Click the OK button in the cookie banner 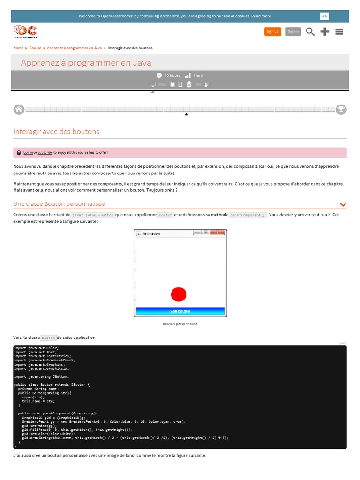tap(324, 16)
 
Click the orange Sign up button tap(272, 31)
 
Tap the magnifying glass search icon tap(310, 31)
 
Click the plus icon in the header tap(324, 31)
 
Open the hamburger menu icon tap(339, 31)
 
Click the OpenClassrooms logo tap(25, 31)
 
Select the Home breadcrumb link tap(18, 48)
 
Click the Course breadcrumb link tap(35, 48)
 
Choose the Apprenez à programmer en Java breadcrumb tap(74, 48)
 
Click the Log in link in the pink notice tap(28, 153)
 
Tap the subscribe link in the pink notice tap(45, 153)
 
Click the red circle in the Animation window tap(179, 294)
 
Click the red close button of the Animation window tap(217, 232)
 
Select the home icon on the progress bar tap(19, 109)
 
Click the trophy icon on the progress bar tap(341, 109)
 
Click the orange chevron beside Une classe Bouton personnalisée tap(343, 205)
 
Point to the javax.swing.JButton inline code tap(93, 215)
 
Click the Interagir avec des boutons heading tap(56, 132)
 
